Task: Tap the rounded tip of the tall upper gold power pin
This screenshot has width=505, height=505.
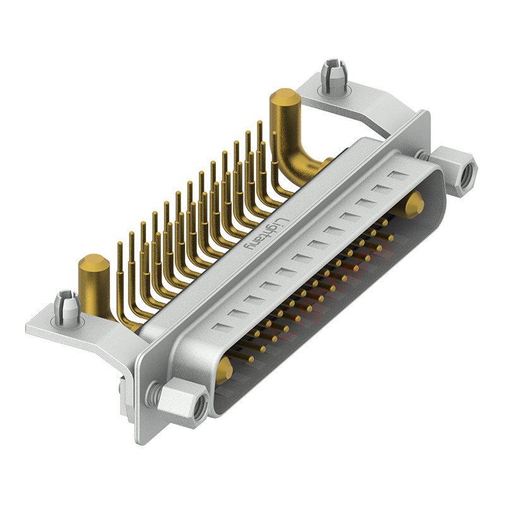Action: pyautogui.click(x=284, y=98)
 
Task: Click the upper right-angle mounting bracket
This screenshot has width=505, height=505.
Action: pyautogui.click(x=353, y=101)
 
